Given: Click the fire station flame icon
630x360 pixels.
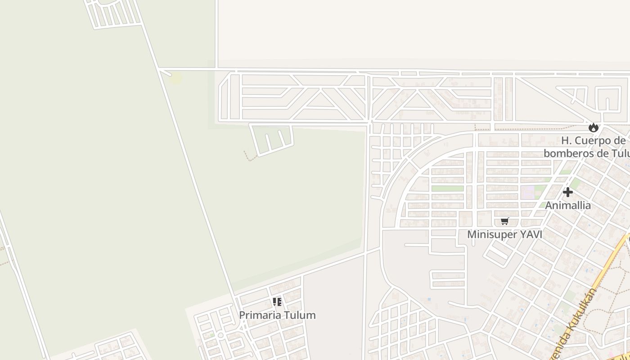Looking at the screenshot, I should (x=594, y=128).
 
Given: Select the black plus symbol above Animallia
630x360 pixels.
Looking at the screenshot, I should (x=568, y=192).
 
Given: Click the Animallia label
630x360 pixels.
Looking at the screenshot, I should (x=568, y=206).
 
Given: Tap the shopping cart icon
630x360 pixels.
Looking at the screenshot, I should (x=505, y=221).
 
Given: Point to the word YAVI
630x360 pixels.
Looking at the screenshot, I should (x=531, y=234).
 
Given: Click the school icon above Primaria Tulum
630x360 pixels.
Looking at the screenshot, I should (x=277, y=301).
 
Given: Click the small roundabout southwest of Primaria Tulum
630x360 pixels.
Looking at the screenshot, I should (x=220, y=335).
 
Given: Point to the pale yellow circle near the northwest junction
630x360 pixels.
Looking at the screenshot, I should (x=175, y=78).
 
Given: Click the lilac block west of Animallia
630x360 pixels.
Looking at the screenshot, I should (x=527, y=193).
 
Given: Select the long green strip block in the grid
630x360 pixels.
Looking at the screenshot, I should (x=447, y=189).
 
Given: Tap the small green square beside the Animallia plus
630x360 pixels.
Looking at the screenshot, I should (x=576, y=183).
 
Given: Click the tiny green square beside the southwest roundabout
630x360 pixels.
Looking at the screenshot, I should (x=211, y=335).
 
